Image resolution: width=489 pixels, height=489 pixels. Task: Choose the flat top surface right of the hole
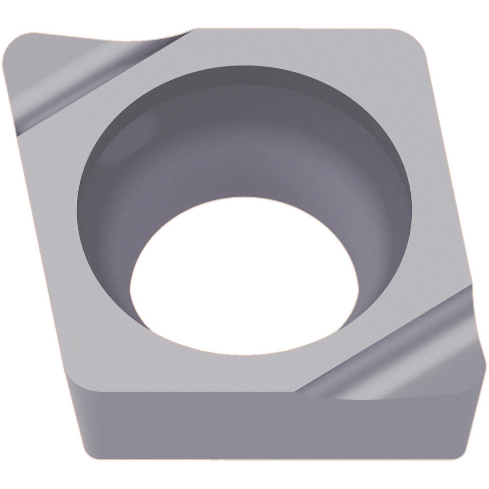coord(435,196)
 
